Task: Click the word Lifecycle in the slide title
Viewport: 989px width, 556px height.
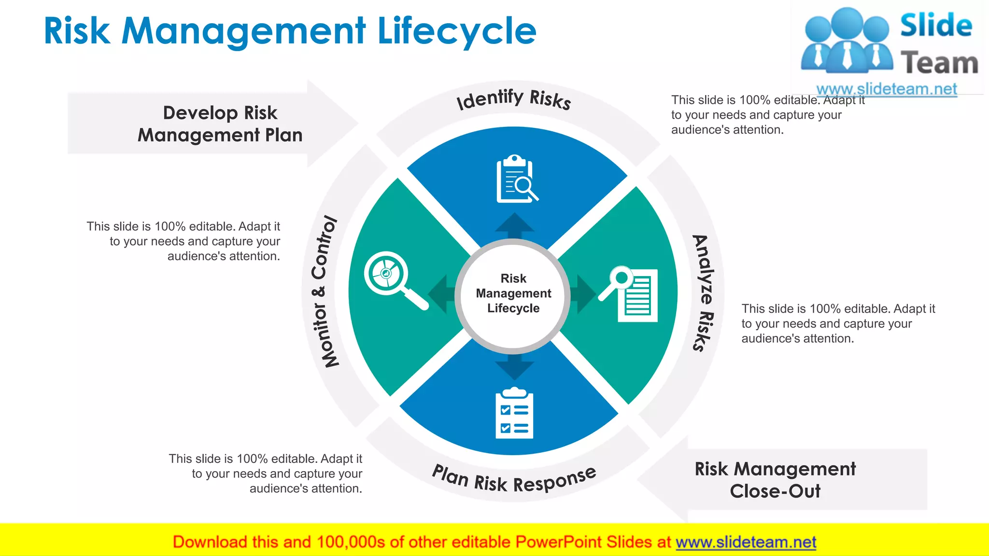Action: point(456,31)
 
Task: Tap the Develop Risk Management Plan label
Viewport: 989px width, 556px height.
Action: point(220,124)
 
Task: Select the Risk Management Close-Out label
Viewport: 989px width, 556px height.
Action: point(775,480)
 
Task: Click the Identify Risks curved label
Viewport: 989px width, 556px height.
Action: point(514,99)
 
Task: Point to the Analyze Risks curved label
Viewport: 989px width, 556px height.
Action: point(703,292)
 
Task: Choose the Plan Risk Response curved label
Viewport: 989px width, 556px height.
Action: point(514,479)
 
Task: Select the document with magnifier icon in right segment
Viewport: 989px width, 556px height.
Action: point(629,293)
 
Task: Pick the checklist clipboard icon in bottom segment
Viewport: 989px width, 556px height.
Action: point(514,413)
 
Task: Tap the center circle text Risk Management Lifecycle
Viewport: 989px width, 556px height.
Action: point(513,293)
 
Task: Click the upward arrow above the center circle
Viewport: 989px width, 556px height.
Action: point(515,225)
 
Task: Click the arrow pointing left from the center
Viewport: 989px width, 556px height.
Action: point(442,294)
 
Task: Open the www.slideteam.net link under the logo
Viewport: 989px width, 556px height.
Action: point(886,89)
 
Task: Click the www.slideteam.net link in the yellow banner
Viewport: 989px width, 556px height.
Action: point(746,542)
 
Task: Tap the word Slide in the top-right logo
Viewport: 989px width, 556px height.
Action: point(936,25)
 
